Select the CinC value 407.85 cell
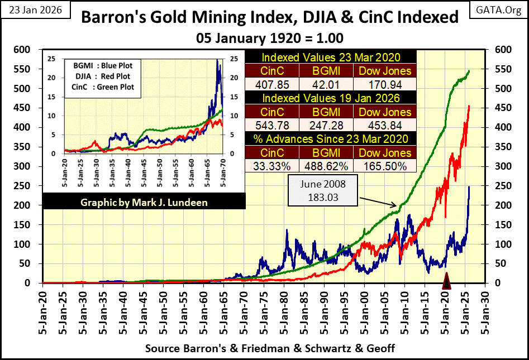[272, 84]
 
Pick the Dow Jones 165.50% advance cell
[384, 166]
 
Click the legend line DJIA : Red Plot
[100, 76]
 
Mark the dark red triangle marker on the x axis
[446, 281]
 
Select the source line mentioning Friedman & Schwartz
[270, 349]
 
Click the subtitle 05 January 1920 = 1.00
[270, 39]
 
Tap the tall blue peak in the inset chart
[217, 61]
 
